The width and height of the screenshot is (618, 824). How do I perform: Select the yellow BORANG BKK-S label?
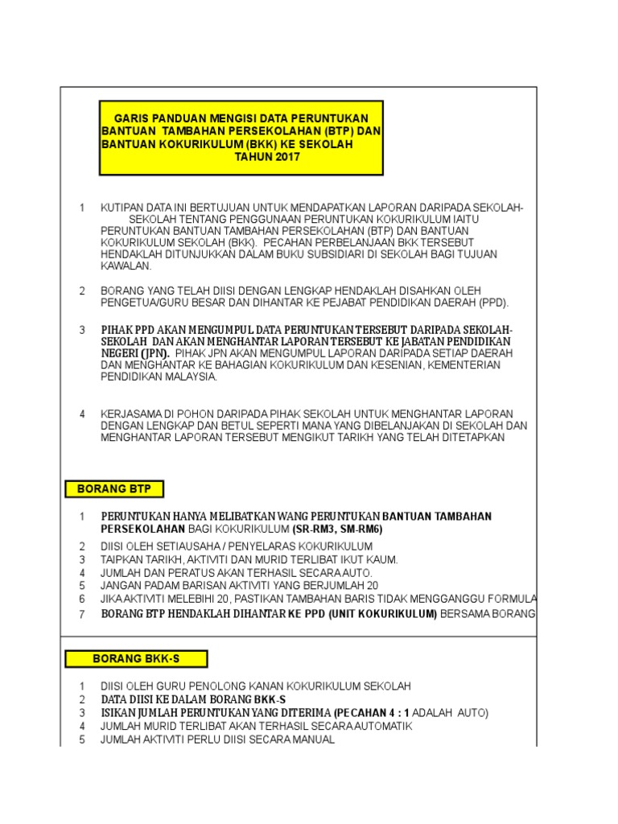pos(136,659)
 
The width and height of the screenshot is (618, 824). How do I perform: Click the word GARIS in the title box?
pos(134,116)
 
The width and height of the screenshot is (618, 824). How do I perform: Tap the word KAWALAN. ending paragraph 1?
pos(126,266)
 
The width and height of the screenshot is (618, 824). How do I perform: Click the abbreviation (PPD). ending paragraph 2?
pos(492,303)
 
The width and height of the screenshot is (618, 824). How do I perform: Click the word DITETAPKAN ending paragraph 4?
pos(471,438)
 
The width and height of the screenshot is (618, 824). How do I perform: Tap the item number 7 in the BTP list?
pos(81,615)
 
